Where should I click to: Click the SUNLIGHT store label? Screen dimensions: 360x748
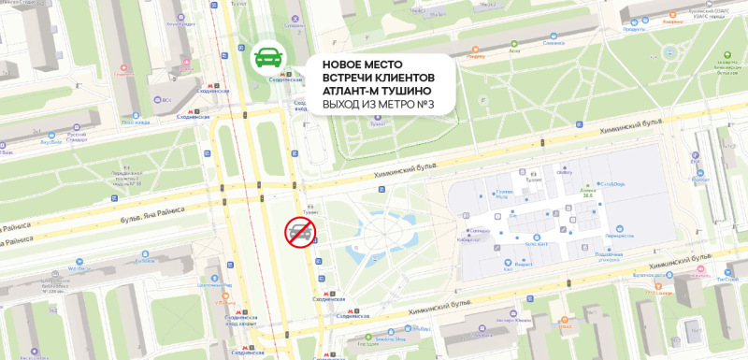535,241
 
